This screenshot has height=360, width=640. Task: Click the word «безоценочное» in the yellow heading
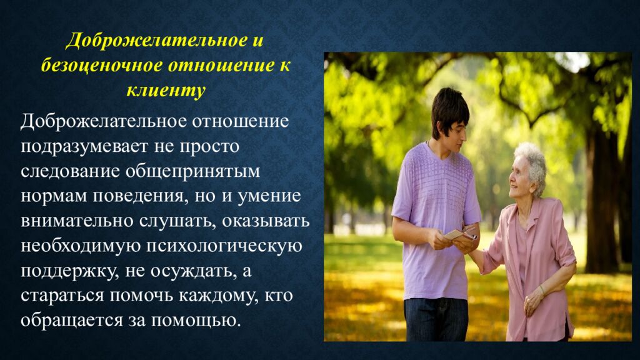(101, 66)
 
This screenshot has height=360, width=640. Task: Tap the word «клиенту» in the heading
(166, 90)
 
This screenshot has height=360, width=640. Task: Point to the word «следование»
(69, 171)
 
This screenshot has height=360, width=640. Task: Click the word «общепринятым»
(192, 172)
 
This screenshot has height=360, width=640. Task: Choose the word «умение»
(269, 196)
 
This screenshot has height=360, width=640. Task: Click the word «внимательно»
(76, 221)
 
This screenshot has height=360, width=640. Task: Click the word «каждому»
(218, 296)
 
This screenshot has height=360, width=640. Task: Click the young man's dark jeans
(436, 319)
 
